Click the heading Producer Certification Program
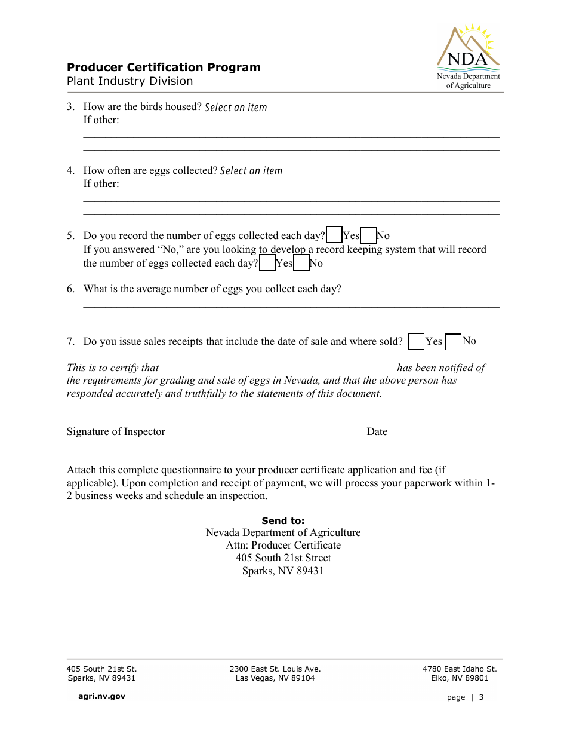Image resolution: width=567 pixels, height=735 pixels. click(164, 68)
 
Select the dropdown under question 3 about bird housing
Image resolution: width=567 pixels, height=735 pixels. click(236, 108)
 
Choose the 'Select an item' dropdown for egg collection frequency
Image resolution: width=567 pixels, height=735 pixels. click(251, 171)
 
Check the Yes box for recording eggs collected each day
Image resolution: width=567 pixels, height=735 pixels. click(335, 235)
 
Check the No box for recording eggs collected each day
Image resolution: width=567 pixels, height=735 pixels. click(369, 235)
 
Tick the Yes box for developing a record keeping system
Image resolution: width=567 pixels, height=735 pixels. click(268, 263)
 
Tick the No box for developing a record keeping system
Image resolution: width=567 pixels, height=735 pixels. click(302, 263)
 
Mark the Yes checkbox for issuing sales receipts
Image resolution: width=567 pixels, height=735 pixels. click(416, 342)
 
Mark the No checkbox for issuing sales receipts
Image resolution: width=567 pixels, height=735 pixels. click(454, 342)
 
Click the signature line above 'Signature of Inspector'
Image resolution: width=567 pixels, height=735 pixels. click(211, 421)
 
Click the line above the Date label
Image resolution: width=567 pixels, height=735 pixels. click(424, 421)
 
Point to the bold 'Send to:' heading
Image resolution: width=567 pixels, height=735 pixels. click(283, 521)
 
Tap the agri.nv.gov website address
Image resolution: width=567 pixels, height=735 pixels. click(102, 696)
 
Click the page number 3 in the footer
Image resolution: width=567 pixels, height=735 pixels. click(481, 697)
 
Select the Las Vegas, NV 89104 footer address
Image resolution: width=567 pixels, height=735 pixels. click(275, 678)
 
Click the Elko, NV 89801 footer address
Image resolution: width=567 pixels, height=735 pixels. click(460, 678)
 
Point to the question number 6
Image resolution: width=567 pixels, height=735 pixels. click(70, 289)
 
